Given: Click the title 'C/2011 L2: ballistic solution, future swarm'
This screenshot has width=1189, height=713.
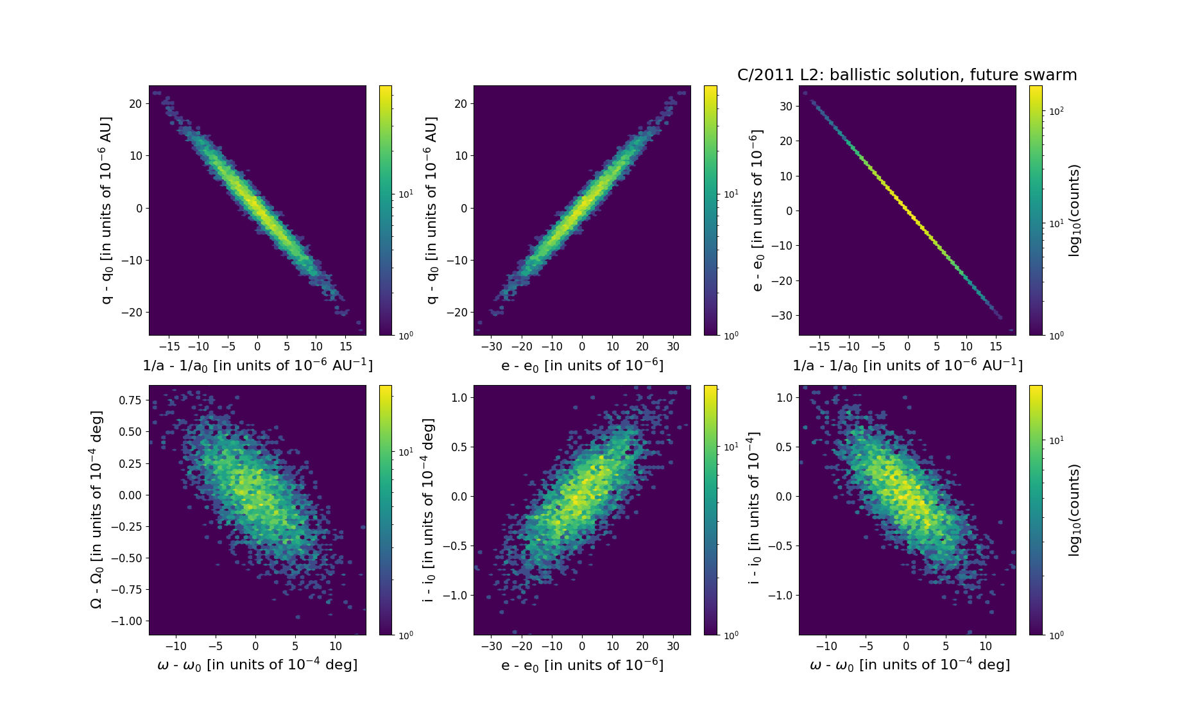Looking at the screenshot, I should pos(907,75).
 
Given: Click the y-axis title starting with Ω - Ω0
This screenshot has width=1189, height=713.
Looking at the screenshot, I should pos(96,510).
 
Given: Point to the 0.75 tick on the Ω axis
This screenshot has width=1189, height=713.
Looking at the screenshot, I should pos(130,400).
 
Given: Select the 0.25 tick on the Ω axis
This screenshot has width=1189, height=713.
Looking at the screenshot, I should pos(130,463).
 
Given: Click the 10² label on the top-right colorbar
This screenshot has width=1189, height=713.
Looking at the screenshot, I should pos(1056,111).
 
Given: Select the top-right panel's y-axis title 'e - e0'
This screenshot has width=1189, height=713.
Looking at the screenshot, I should pos(757,210).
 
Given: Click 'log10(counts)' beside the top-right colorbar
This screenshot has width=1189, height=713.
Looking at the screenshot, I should pos(1074,210).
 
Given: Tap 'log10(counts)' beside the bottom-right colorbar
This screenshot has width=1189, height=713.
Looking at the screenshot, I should pos(1074,510).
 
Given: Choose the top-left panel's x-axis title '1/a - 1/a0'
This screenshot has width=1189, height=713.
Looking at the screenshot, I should pos(257,365).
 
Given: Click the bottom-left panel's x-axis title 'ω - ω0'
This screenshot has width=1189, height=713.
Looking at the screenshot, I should pos(257,665).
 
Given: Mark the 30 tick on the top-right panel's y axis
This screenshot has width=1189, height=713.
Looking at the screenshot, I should pos(785,106).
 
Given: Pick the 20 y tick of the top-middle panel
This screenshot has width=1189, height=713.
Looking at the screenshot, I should pos(460,104).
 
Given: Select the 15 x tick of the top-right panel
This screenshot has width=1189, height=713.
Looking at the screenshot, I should pos(995,347).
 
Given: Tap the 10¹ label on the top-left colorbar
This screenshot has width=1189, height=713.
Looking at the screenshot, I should pos(406,194).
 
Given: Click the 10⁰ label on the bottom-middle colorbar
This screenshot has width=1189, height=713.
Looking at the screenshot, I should pos(731,635).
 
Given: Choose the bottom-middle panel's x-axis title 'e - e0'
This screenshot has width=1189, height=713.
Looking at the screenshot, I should pos(582,665).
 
